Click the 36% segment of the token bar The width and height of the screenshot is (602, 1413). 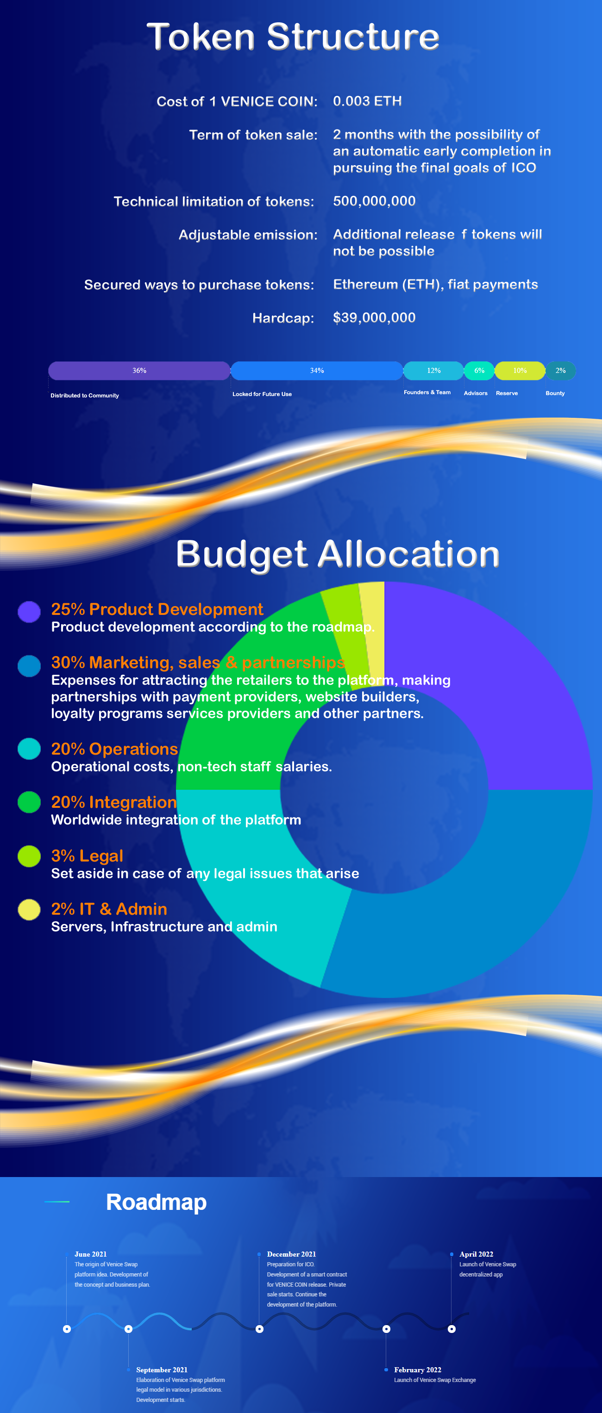139,371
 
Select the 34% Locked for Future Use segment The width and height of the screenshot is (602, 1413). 317,371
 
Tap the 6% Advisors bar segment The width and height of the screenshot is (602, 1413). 479,371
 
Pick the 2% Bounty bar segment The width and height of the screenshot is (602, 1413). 560,371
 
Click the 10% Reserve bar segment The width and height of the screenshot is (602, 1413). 520,371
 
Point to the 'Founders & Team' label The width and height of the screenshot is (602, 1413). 427,392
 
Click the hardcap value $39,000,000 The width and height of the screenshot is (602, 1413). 374,317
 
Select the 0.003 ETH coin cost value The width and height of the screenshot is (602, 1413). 367,101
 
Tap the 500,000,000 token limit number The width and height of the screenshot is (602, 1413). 374,201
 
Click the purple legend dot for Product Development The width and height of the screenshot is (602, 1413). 29,612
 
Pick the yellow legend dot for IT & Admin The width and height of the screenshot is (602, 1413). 29,910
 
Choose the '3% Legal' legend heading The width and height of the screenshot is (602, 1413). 87,855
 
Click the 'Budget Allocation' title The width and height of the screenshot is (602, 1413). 338,554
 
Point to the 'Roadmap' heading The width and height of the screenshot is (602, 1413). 157,1202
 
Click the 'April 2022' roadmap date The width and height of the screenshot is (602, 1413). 477,1254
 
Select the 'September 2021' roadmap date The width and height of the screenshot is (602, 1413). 162,1370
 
